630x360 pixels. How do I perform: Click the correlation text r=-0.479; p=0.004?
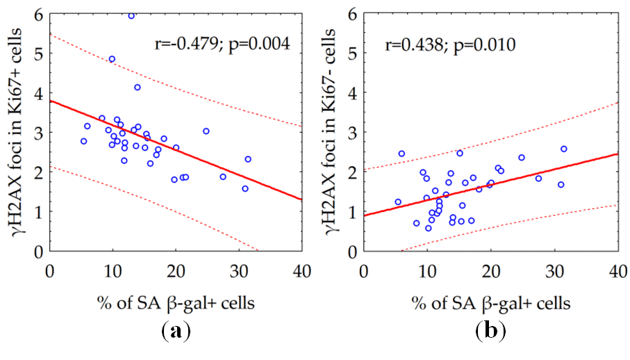point(221,46)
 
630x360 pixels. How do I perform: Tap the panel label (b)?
point(490,331)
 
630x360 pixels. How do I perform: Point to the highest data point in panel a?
point(131,15)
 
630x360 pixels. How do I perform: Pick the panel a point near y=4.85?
point(112,59)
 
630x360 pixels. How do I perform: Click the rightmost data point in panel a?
point(248,159)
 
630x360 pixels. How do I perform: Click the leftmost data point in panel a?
point(83,141)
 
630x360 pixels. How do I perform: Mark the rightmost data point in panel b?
point(564,149)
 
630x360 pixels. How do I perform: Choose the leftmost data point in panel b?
point(398,202)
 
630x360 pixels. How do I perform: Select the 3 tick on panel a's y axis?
point(37,132)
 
